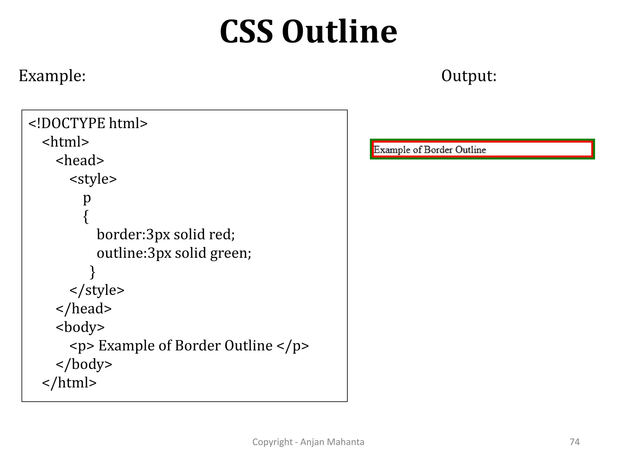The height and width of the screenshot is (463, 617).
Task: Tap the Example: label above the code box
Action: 52,76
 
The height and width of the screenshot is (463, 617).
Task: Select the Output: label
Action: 468,76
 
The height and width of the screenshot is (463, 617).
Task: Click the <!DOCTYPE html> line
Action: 88,123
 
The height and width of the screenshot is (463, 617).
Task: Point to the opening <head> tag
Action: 80,160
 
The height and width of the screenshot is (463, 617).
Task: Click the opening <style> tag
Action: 93,179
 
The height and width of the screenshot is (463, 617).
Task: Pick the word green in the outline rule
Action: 230,253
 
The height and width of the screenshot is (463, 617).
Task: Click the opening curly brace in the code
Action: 86,216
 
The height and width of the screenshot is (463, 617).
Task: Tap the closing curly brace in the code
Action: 92,272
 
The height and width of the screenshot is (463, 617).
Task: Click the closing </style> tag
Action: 97,290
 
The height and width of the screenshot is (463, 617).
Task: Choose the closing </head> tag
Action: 84,309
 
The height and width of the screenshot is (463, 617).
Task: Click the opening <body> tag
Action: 80,327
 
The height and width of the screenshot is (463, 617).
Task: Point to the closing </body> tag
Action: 84,364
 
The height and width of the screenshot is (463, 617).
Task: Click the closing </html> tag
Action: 69,383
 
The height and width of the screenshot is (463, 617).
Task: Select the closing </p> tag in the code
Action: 293,346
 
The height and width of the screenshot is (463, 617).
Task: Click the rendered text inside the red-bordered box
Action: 430,150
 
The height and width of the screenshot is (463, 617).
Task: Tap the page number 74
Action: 575,442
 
